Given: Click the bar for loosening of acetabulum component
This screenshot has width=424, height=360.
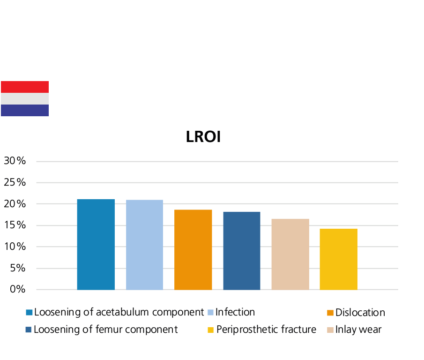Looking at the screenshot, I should click(x=96, y=244).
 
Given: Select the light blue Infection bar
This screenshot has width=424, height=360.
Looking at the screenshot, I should click(x=144, y=244).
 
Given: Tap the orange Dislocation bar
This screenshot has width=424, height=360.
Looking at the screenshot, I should click(x=193, y=249).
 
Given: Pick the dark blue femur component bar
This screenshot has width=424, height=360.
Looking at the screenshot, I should click(x=242, y=250).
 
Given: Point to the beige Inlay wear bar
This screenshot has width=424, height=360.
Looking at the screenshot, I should click(x=290, y=254).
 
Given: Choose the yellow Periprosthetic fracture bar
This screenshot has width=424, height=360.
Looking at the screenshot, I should click(x=338, y=259).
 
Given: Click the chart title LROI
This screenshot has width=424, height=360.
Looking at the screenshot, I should click(x=203, y=137).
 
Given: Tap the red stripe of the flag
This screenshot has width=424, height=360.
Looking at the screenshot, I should click(x=25, y=87).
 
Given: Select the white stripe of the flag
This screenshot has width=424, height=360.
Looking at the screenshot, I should click(x=25, y=98).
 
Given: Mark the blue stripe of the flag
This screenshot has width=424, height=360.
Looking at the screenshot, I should click(x=25, y=110).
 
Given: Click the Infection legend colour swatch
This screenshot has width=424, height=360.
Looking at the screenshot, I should click(x=211, y=313).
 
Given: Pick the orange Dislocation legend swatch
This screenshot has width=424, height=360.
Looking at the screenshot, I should click(x=330, y=313).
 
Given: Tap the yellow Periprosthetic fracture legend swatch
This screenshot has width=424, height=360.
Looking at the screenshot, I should click(x=211, y=330).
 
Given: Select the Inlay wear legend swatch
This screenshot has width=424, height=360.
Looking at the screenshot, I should click(x=330, y=330).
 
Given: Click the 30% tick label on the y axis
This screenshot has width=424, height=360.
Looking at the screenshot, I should click(x=17, y=161).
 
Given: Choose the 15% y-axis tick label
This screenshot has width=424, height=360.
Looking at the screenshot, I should click(x=17, y=225).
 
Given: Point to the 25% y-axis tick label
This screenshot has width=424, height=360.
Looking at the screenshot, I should click(x=17, y=182).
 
